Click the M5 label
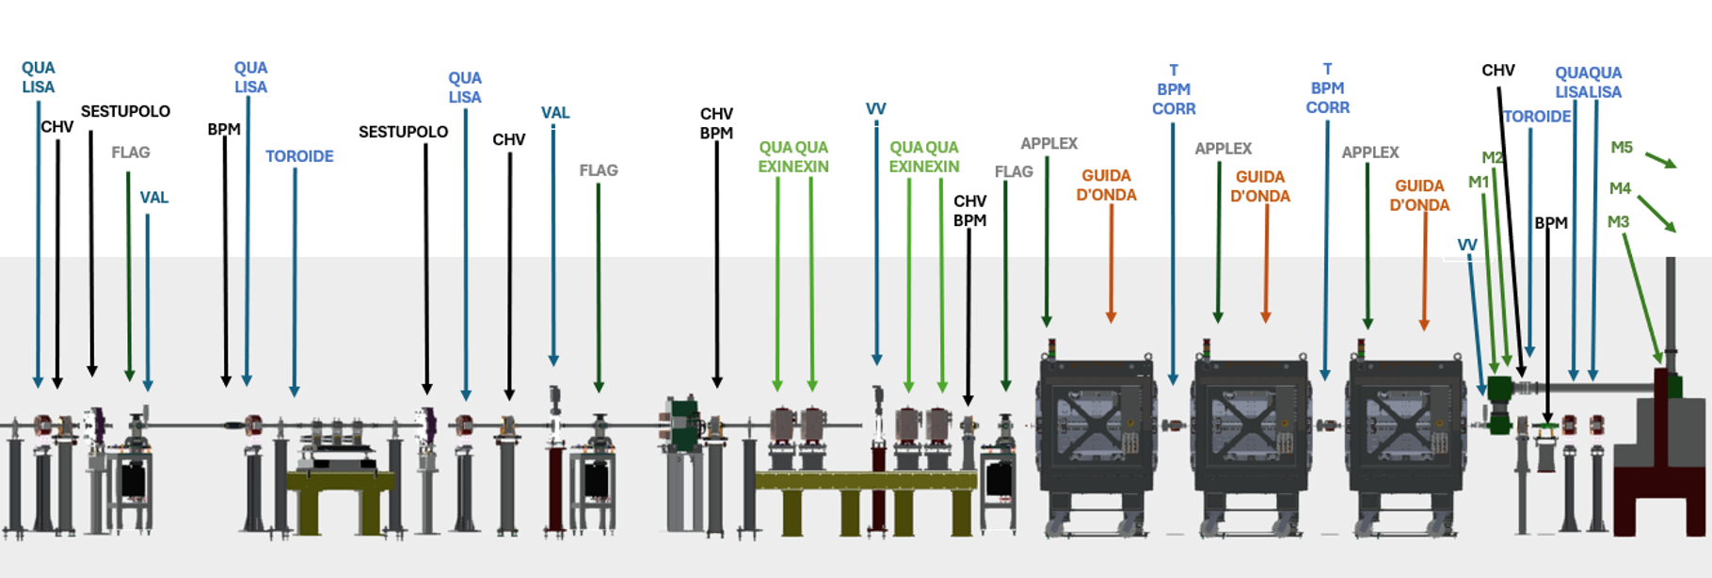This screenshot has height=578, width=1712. pyautogui.click(x=1621, y=148)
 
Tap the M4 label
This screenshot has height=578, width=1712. pyautogui.click(x=1619, y=189)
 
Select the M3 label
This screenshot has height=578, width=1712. pyautogui.click(x=1617, y=223)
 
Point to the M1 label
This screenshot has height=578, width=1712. pyautogui.click(x=1478, y=183)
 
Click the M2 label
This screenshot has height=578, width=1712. pyautogui.click(x=1492, y=158)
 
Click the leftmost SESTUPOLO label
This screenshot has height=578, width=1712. pyautogui.click(x=125, y=112)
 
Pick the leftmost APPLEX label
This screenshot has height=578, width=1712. pyautogui.click(x=1048, y=144)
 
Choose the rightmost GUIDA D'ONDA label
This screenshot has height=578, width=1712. pyautogui.click(x=1419, y=196)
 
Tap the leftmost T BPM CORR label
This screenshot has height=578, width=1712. pyautogui.click(x=1174, y=90)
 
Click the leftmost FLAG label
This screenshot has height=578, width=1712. pyautogui.click(x=130, y=153)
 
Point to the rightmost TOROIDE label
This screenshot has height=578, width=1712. pyautogui.click(x=1536, y=117)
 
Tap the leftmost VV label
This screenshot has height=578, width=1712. pyautogui.click(x=875, y=109)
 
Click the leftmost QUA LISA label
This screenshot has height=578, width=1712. pyautogui.click(x=39, y=77)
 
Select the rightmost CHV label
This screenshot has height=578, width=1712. pyautogui.click(x=1497, y=71)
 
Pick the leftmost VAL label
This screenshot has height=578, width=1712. pyautogui.click(x=154, y=198)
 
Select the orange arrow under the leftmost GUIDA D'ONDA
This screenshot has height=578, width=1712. pyautogui.click(x=1111, y=264)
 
